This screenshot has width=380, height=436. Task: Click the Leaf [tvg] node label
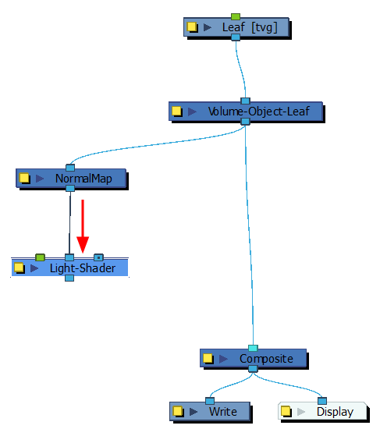click(x=250, y=27)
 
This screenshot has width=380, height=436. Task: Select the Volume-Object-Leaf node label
click(x=259, y=112)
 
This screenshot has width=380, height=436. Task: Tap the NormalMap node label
click(x=83, y=179)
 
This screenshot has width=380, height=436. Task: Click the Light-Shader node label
click(x=83, y=268)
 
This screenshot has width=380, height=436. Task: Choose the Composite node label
click(x=266, y=359)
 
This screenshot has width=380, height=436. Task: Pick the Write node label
click(x=223, y=412)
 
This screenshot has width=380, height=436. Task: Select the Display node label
click(x=335, y=412)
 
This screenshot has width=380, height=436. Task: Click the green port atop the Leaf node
click(x=236, y=16)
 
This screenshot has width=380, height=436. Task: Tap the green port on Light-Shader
click(x=40, y=257)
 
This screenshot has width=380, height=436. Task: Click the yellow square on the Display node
click(x=286, y=411)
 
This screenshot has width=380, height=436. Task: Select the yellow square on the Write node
click(x=178, y=411)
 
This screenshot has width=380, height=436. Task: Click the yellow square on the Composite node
click(x=208, y=359)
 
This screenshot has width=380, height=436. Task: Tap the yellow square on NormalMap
click(x=24, y=179)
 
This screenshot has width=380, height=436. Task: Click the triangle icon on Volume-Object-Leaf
click(x=192, y=112)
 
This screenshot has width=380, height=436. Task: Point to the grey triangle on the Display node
click(x=301, y=412)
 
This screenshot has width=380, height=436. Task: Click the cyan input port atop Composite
click(x=253, y=348)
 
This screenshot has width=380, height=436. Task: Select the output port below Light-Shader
click(x=69, y=278)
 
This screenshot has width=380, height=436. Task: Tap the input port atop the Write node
click(x=210, y=401)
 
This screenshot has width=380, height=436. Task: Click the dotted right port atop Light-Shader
click(x=98, y=257)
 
